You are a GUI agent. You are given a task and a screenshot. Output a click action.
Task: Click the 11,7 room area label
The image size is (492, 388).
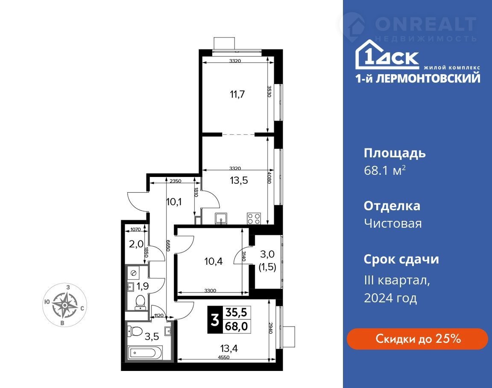point(237,94)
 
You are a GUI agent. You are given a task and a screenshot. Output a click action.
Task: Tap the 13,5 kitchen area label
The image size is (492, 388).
point(239,180)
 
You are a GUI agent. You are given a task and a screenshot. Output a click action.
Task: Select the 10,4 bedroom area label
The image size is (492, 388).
point(214,261)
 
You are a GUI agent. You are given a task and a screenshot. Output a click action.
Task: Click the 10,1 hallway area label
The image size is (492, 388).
point(174,202)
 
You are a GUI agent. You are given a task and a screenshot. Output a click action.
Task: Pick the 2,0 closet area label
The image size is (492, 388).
point(136,243)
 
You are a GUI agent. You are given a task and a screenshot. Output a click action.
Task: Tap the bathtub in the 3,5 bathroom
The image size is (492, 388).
point(145,353)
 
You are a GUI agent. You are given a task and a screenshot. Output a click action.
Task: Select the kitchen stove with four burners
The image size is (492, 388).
point(254,218)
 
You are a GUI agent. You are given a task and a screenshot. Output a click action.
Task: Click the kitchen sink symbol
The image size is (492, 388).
point(222,218)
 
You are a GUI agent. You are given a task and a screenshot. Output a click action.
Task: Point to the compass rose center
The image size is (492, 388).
point(65,305)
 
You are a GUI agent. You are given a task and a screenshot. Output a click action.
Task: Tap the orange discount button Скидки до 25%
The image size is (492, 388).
point(417,339)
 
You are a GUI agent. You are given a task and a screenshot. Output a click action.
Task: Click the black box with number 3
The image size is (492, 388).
point(215,320)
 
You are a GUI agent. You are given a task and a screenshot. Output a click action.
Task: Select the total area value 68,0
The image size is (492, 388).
point(237,326)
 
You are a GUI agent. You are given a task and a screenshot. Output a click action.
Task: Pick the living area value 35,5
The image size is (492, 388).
point(237,312)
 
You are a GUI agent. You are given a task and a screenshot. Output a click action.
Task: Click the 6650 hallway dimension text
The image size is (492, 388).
point(168,246)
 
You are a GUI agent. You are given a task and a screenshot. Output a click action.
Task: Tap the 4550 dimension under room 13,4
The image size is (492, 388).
point(224,357)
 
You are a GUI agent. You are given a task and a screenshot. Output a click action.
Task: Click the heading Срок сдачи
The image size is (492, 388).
point(401,259)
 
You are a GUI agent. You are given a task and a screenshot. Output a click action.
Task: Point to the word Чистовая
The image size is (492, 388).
point(393,223)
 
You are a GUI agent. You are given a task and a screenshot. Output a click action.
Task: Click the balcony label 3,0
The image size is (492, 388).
point(267,254)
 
